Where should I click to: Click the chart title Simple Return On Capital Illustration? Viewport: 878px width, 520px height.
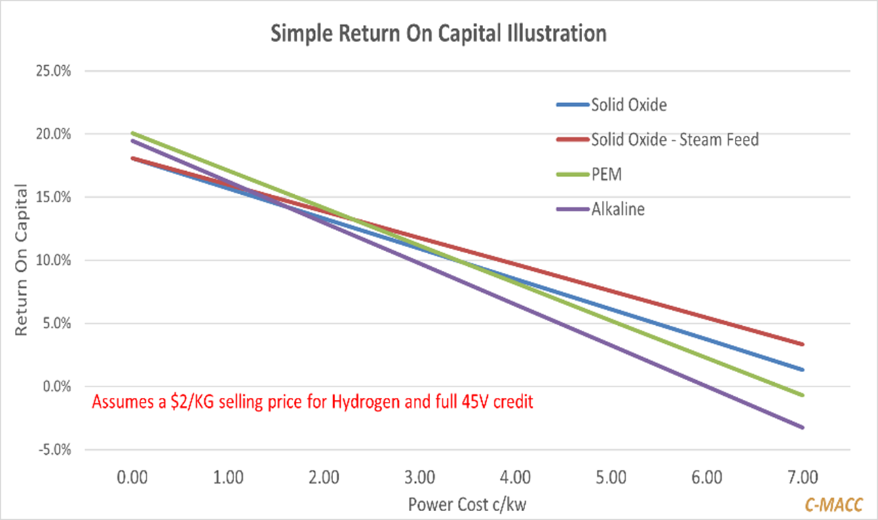click(438, 34)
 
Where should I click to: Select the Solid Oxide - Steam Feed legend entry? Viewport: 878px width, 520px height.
click(674, 140)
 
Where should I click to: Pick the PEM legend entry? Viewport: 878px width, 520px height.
click(607, 174)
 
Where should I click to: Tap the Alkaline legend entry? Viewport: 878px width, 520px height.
click(617, 209)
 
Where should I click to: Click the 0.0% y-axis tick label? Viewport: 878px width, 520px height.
click(55, 386)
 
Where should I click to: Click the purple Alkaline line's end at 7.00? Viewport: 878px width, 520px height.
click(802, 427)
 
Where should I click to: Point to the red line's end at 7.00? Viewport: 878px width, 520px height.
click(802, 344)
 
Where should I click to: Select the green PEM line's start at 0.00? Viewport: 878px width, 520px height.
click(133, 133)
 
